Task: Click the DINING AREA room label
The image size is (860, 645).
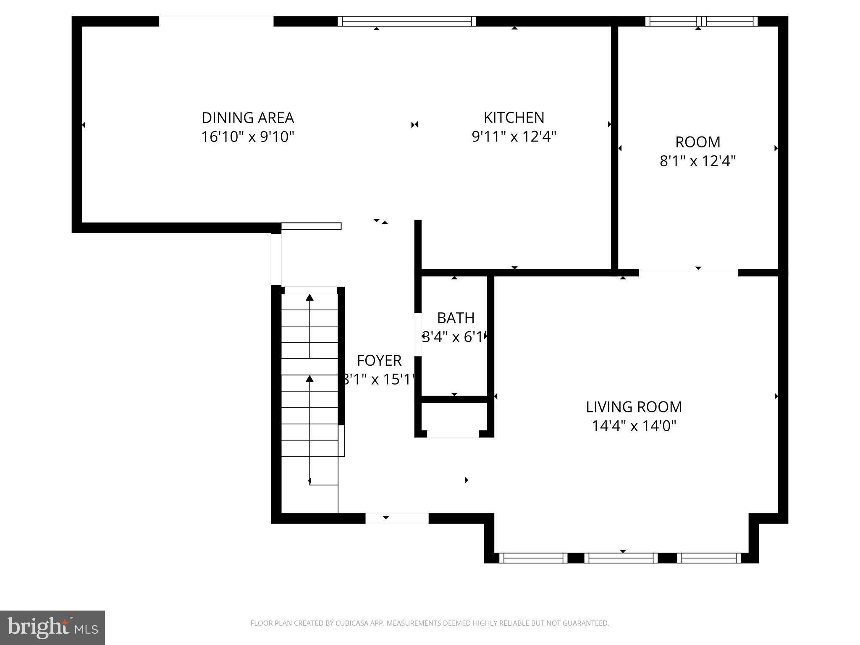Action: click(x=248, y=118)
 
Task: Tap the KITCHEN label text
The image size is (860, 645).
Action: click(x=514, y=118)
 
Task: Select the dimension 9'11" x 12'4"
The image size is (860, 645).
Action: click(x=514, y=137)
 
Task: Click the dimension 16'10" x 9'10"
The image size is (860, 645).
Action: click(x=248, y=137)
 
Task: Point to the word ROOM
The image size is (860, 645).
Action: click(x=697, y=142)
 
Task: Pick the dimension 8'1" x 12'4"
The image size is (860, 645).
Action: click(x=697, y=161)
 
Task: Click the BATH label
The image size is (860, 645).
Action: click(x=456, y=318)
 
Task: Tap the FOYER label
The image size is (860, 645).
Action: click(x=379, y=361)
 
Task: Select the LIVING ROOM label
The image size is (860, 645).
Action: click(x=634, y=407)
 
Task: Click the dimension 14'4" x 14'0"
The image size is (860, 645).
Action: click(x=634, y=426)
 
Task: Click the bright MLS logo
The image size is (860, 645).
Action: click(x=52, y=627)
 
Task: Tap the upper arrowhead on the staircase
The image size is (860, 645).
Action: click(x=309, y=298)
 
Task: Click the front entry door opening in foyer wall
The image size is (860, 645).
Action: click(x=397, y=518)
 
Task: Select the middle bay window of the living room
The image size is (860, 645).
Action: click(x=621, y=558)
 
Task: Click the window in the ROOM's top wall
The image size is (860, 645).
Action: click(x=701, y=21)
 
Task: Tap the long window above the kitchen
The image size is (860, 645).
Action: click(x=406, y=21)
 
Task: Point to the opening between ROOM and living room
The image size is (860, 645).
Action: click(x=688, y=273)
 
